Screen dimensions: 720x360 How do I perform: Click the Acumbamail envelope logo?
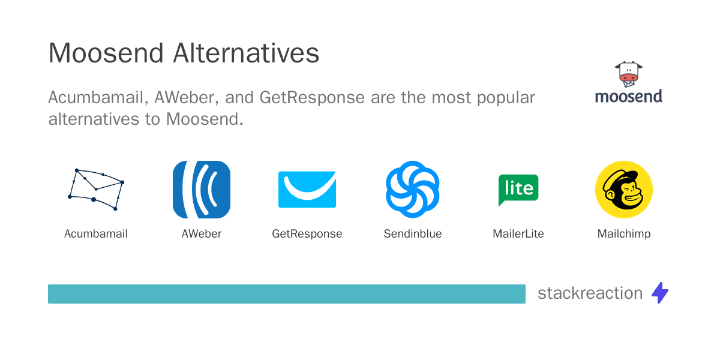click(96, 190)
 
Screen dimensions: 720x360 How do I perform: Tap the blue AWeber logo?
click(202, 190)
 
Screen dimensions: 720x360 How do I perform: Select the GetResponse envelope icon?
click(307, 190)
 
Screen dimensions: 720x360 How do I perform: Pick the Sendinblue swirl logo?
click(413, 190)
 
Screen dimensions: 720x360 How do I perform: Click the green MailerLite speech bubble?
click(518, 190)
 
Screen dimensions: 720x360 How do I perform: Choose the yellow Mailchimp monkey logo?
click(624, 190)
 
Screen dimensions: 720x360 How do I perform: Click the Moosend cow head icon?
click(628, 74)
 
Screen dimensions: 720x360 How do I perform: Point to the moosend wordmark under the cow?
click(628, 97)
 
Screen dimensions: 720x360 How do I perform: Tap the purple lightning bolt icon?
click(660, 293)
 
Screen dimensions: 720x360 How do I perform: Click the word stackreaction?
click(590, 293)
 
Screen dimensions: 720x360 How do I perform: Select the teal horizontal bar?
click(287, 294)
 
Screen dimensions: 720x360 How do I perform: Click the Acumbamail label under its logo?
click(96, 233)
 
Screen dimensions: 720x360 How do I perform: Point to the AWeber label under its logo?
click(202, 233)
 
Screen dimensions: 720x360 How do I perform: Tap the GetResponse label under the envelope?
click(307, 234)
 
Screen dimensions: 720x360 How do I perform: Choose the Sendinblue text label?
click(413, 233)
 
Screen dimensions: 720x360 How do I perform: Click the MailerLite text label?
click(518, 233)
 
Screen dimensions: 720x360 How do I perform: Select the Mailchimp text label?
click(624, 234)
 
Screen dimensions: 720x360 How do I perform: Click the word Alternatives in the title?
click(246, 53)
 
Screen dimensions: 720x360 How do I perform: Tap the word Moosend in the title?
click(106, 53)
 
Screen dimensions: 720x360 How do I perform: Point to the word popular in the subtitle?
click(506, 98)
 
